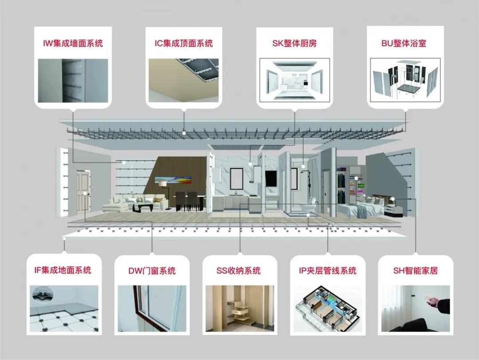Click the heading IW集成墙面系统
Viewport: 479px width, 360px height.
click(73, 43)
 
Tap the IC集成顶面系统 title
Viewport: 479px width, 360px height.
click(184, 43)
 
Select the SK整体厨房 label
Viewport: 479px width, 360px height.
click(294, 43)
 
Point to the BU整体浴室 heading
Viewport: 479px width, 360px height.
click(404, 43)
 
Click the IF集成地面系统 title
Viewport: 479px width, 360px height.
click(63, 270)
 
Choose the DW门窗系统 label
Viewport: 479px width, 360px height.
click(152, 271)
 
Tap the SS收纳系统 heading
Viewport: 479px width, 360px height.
click(238, 271)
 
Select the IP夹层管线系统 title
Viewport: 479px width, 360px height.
click(327, 271)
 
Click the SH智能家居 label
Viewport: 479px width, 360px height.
click(416, 271)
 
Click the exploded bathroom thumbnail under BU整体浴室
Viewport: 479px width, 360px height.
click(405, 80)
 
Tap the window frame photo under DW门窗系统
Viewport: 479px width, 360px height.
click(152, 309)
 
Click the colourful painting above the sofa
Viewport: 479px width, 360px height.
click(173, 180)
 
